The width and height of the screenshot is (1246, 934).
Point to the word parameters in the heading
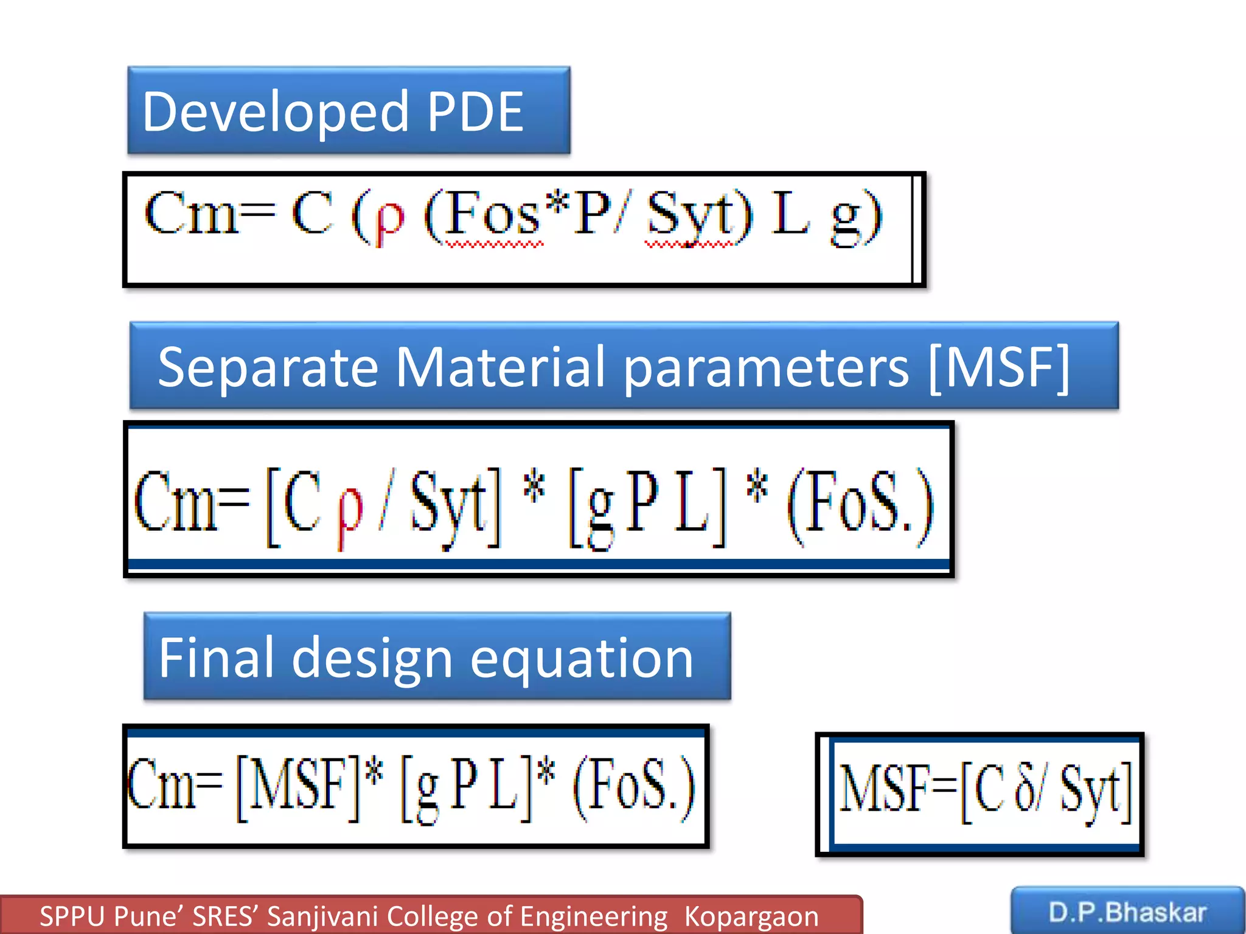[766, 368]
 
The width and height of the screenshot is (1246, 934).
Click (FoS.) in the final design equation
[633, 787]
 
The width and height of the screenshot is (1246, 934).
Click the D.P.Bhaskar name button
[1127, 912]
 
